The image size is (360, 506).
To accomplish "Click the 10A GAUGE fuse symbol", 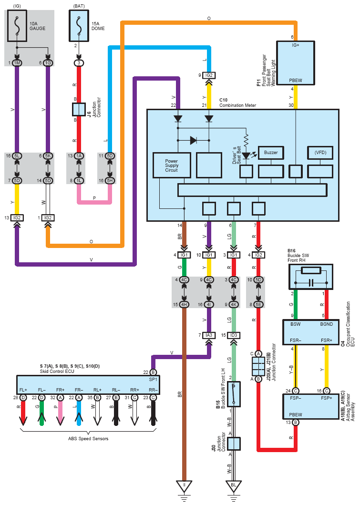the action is coord(17,26).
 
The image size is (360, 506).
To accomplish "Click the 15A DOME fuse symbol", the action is coord(79,26).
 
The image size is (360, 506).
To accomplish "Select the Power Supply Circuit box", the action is coord(172,165).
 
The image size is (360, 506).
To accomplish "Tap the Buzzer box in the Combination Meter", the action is coord(271,153).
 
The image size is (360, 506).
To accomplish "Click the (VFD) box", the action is coord(320,153).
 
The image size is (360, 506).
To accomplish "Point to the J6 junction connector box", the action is coord(79,109).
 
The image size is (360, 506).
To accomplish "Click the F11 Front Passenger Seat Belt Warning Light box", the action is coord(296,63).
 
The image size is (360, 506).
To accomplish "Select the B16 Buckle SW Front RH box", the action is coord(310,277).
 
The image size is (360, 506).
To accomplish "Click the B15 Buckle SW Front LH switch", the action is coord(234,394).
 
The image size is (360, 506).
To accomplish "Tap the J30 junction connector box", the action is coord(234,444).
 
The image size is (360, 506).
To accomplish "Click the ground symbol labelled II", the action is coord(184,486).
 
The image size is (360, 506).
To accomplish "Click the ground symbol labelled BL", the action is coord(234,486).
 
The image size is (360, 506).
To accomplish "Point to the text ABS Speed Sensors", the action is coord(88,439).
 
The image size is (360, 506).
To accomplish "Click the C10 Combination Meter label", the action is coord(238,103).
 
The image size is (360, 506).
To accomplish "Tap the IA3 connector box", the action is coord(209,335).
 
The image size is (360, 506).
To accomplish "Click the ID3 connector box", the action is coord(234,335).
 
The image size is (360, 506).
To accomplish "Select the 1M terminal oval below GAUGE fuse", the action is coord(17,63).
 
